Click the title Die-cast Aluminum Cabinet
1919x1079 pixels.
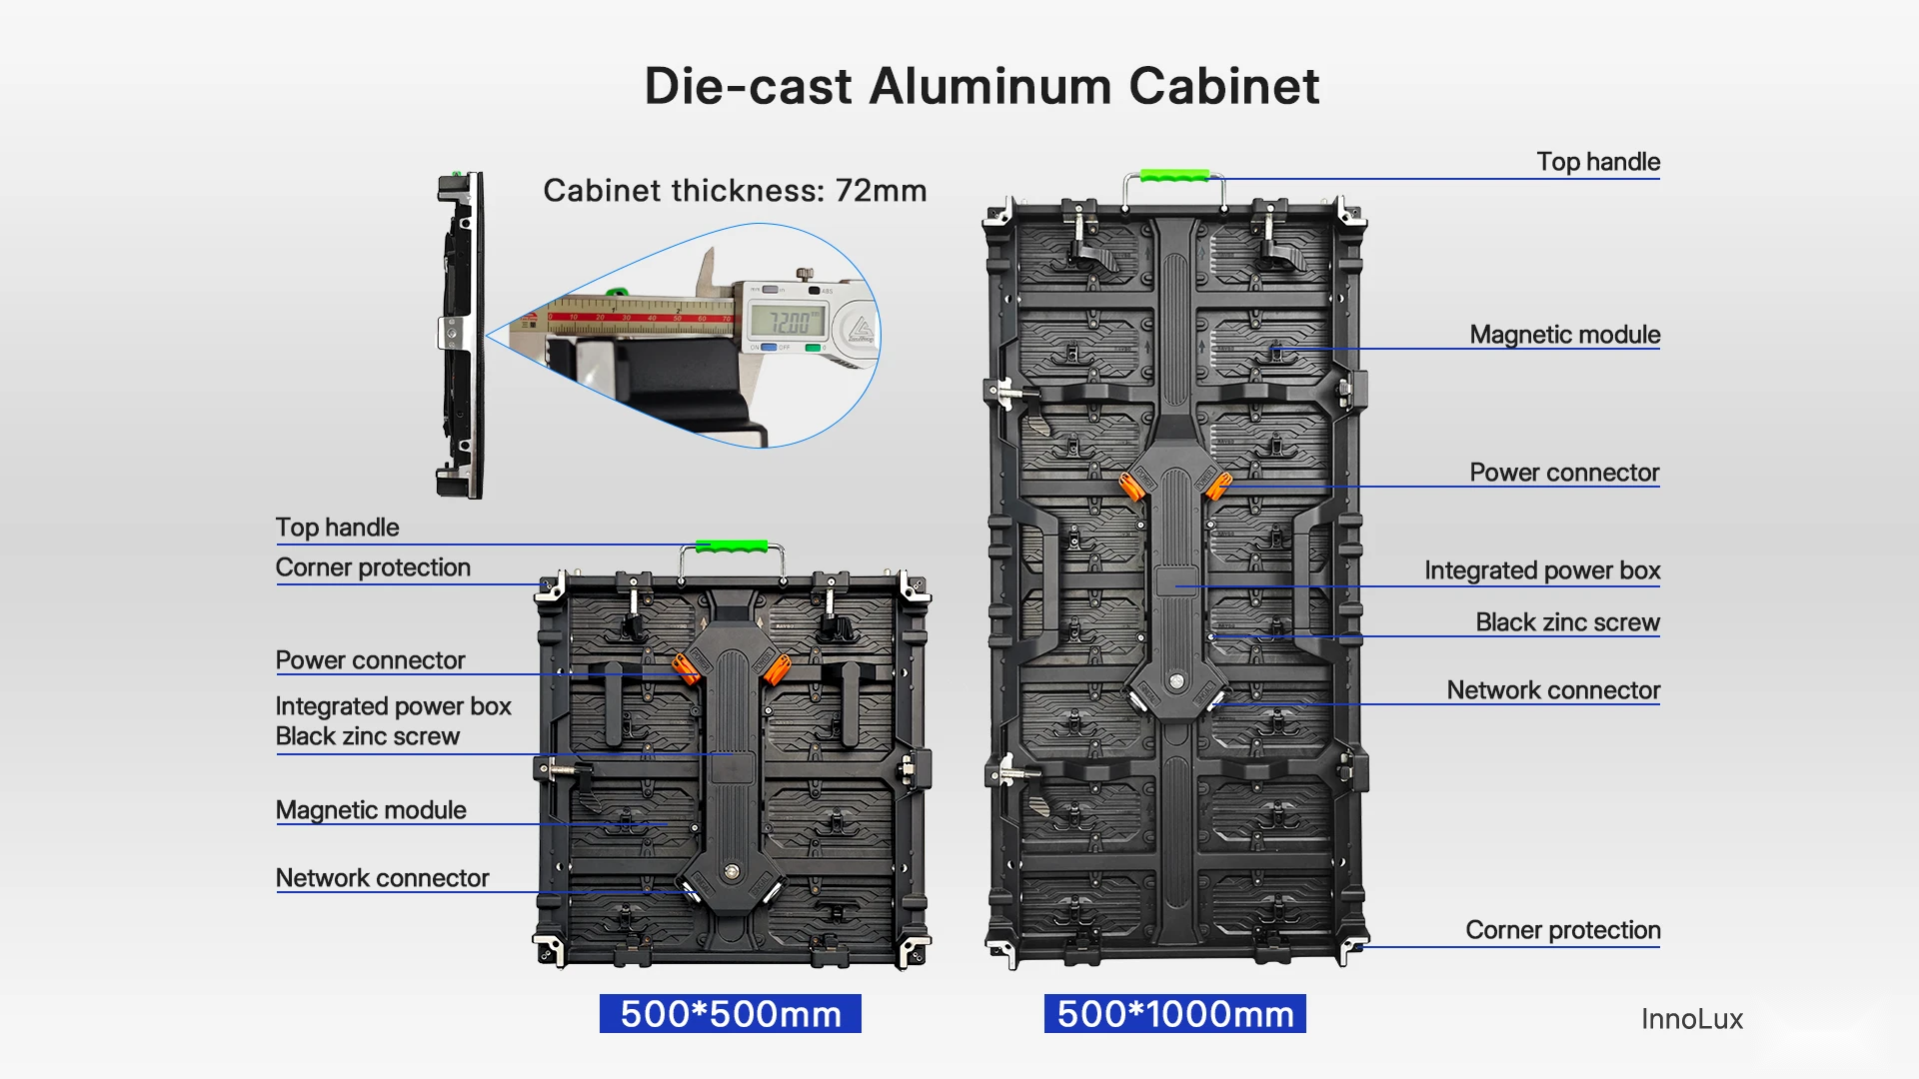981,86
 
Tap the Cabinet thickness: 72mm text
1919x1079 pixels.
735,191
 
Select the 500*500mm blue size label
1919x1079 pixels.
731,1014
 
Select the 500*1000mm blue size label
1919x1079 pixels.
1175,1014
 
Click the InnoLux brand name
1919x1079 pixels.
1692,1019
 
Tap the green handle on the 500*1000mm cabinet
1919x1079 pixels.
1175,176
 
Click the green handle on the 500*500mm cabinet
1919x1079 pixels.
732,546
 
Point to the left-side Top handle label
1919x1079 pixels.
337,528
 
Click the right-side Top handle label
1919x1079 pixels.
1598,162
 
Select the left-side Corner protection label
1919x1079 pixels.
373,567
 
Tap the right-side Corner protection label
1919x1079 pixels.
1563,930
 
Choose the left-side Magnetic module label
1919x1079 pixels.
371,810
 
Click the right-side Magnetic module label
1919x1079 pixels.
1565,335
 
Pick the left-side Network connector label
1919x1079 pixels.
383,878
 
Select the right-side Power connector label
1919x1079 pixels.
1564,473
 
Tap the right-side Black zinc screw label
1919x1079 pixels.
1568,622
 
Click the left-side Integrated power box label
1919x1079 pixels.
394,706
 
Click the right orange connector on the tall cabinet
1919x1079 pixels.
1217,487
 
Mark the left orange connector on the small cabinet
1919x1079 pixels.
686,667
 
